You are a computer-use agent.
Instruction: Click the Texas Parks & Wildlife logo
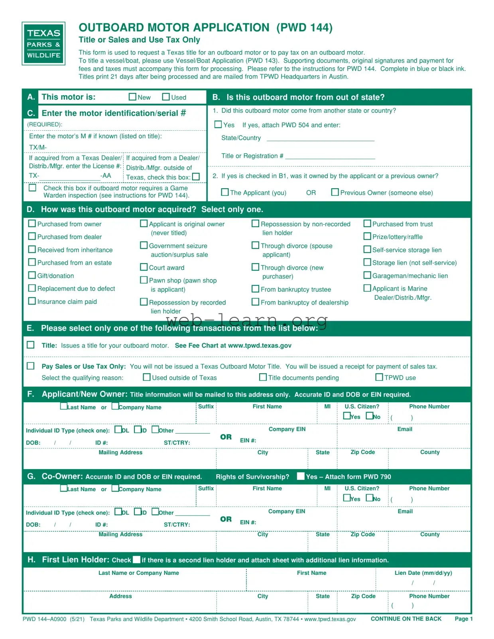click(43, 43)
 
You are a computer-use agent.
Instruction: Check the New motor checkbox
click(133, 97)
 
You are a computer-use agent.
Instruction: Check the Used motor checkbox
click(166, 97)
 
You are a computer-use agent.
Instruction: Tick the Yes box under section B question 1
click(218, 124)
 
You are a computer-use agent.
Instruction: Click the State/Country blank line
click(320, 138)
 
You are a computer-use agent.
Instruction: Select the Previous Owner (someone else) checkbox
click(335, 192)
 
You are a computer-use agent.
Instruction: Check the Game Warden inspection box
click(33, 188)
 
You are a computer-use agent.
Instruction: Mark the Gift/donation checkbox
click(32, 275)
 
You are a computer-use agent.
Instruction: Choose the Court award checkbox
click(144, 267)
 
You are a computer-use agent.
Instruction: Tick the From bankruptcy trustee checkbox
click(256, 289)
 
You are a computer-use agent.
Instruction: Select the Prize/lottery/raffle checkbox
click(367, 236)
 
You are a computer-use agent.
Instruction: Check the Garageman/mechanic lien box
click(367, 275)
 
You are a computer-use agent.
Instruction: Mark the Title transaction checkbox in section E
click(31, 345)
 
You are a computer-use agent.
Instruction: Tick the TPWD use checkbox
click(379, 377)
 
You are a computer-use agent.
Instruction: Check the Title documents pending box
click(263, 377)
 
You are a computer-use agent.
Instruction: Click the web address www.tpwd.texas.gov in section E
click(260, 346)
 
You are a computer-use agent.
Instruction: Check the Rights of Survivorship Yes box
click(301, 476)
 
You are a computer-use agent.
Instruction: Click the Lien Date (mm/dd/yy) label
click(423, 573)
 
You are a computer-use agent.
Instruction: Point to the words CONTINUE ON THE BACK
click(406, 619)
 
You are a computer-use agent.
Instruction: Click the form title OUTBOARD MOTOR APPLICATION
click(174, 28)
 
